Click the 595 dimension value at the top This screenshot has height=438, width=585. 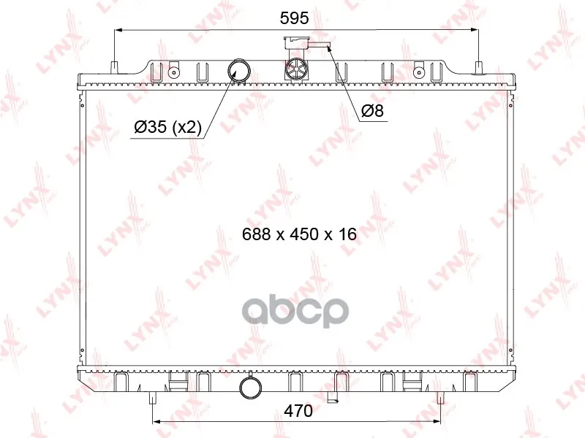click(x=295, y=18)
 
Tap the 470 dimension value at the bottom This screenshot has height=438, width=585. click(x=298, y=411)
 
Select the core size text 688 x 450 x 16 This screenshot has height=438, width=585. click(x=299, y=234)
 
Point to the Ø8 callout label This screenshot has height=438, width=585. click(x=372, y=111)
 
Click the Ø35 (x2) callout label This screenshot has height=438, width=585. click(x=167, y=127)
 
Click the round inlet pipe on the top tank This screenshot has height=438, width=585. click(x=238, y=71)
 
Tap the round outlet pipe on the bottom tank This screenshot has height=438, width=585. click(x=251, y=388)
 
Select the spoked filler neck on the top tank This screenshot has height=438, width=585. click(x=297, y=69)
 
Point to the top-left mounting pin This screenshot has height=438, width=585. click(x=115, y=68)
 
